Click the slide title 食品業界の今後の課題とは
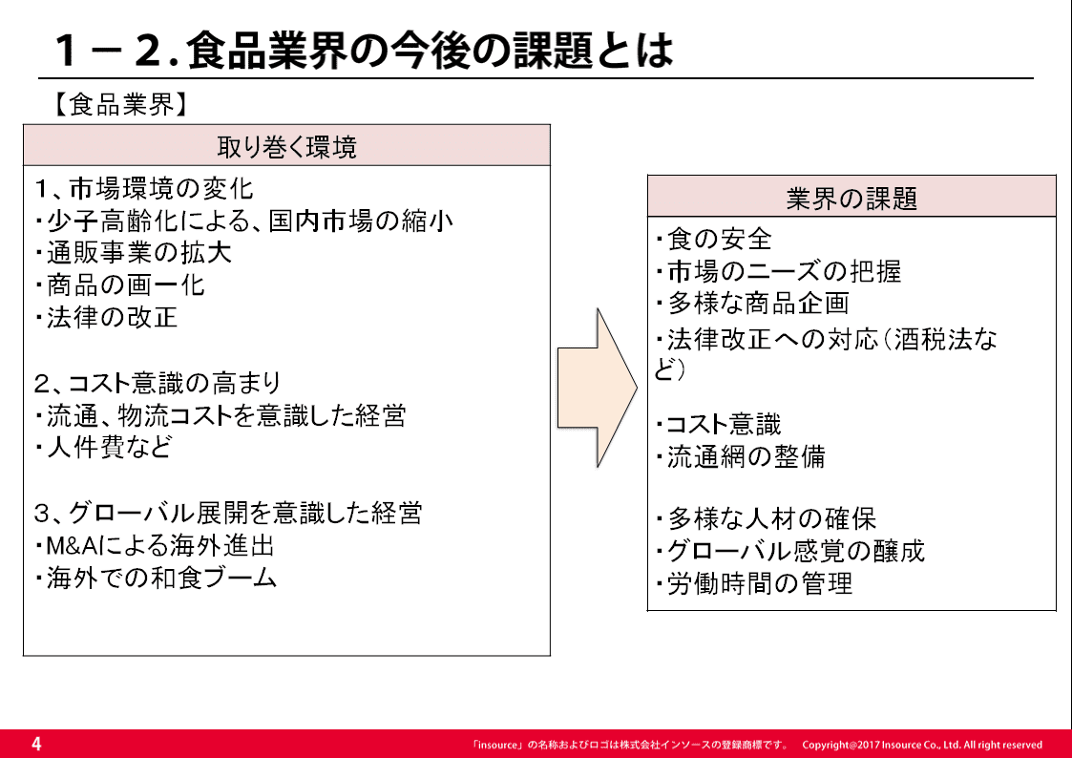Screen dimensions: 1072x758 coord(430,50)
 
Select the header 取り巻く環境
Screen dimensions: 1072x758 coord(286,146)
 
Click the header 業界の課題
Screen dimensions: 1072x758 coord(851,199)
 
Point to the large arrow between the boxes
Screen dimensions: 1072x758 coord(598,388)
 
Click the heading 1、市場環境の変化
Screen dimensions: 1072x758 coord(143,189)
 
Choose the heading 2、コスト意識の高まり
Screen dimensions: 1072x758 coord(158,383)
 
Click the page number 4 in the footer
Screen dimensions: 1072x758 coord(36,744)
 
